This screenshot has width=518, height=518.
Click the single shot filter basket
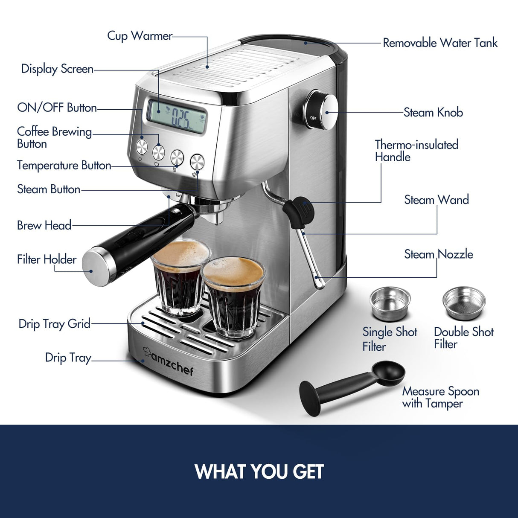coord(390,303)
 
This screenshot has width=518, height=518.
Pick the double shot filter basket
coord(464,303)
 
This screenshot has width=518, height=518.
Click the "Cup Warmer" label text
coord(140,36)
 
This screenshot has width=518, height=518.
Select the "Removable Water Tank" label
coord(440,43)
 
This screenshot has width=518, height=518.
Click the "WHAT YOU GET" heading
coord(259,471)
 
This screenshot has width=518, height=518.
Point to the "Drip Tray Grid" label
coord(54,324)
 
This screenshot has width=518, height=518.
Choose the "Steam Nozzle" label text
coord(439,254)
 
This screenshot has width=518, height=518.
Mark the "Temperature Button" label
coord(64,166)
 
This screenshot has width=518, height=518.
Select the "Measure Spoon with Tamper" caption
coord(440,397)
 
